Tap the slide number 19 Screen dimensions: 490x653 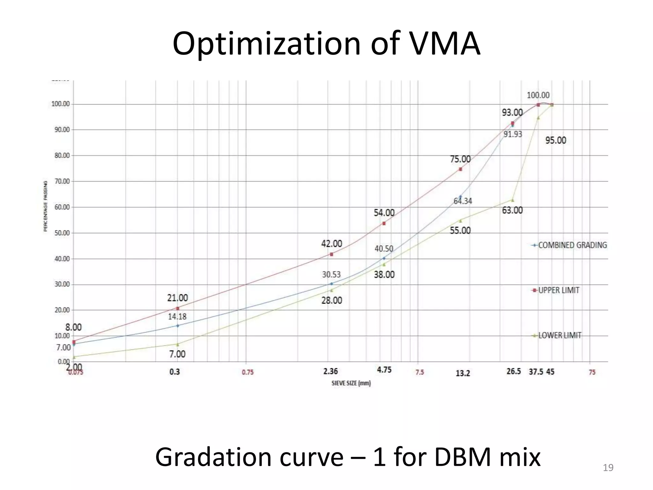(x=608, y=468)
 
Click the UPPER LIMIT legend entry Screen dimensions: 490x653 (x=558, y=290)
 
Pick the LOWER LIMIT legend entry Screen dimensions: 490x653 (x=560, y=335)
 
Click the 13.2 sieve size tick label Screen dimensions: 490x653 (x=463, y=373)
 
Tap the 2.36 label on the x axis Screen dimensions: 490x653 (x=330, y=371)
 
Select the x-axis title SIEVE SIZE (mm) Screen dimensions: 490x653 (x=351, y=383)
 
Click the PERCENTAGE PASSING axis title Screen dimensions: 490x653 (x=46, y=206)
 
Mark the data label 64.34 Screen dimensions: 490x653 (x=463, y=201)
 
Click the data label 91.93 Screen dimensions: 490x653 (x=513, y=134)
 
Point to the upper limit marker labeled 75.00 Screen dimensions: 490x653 (x=460, y=169)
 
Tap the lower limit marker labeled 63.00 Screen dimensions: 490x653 (x=513, y=200)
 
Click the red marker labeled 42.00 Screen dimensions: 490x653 (x=332, y=254)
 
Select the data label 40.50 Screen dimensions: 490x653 (x=384, y=249)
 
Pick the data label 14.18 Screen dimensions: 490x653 (x=177, y=317)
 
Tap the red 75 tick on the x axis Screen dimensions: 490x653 (x=592, y=372)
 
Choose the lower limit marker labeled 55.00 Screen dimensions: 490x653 (x=460, y=221)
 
